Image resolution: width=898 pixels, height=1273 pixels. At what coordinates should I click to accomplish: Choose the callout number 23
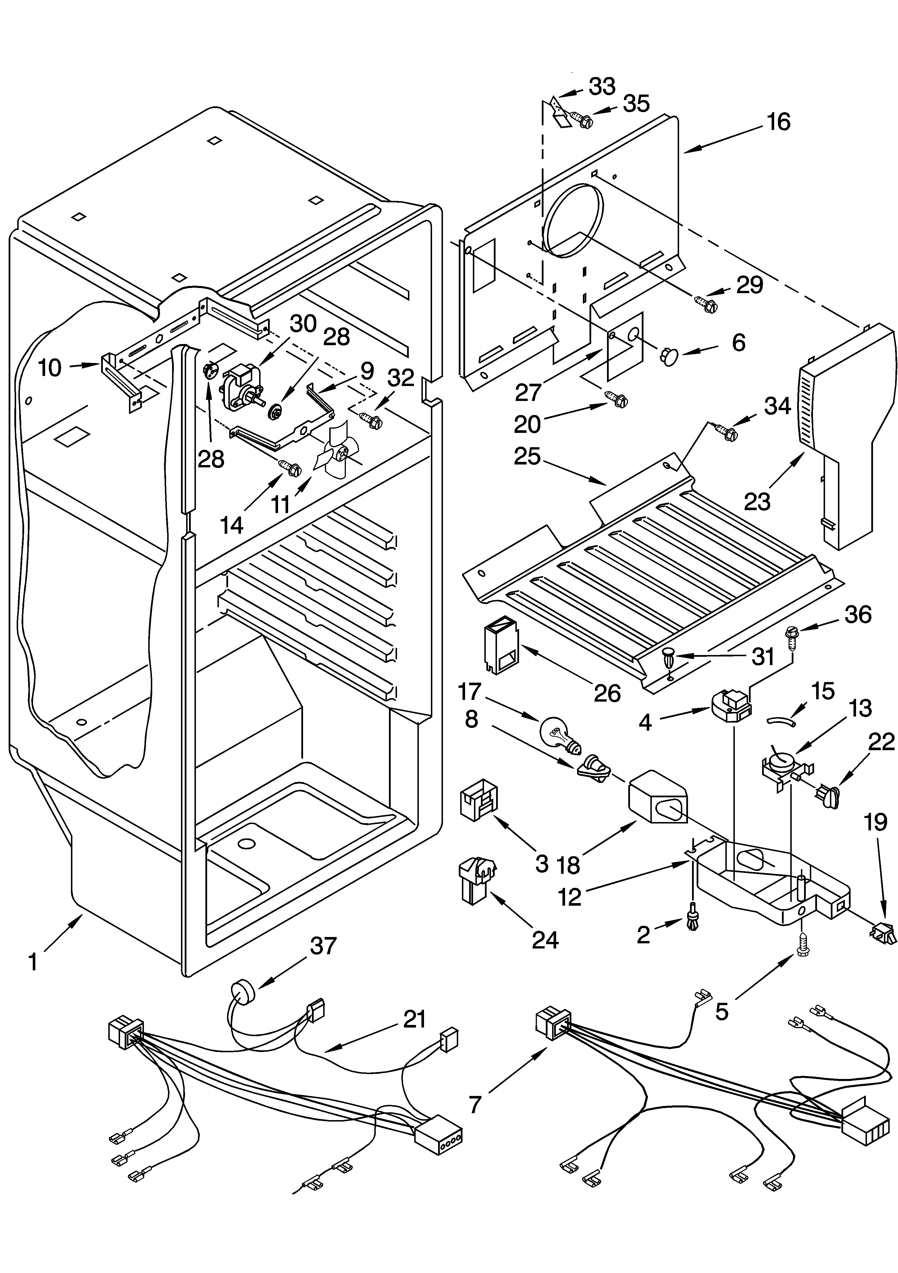(757, 501)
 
